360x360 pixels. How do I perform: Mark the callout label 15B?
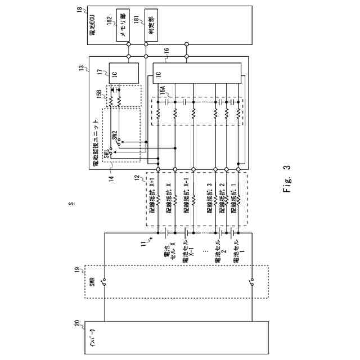tap(99, 93)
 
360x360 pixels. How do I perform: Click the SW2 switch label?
tap(115, 135)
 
